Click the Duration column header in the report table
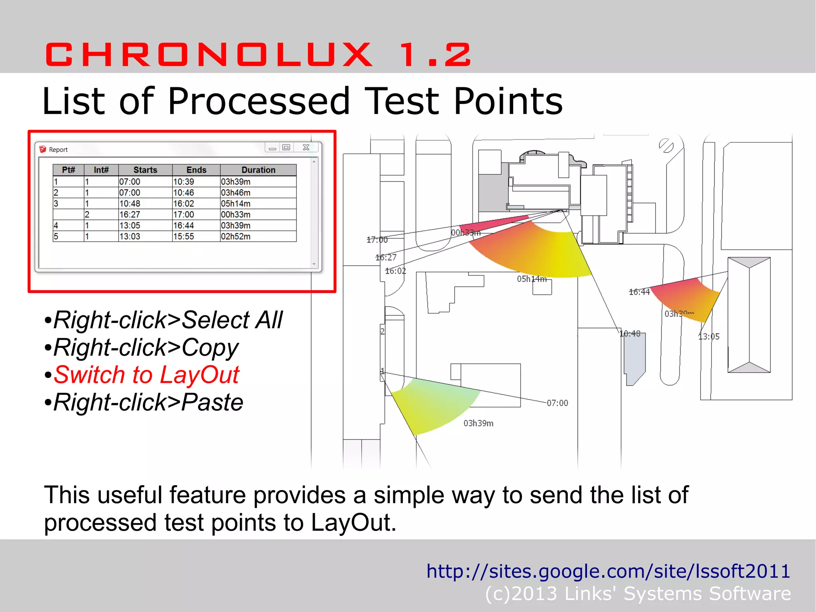click(258, 170)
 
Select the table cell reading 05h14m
click(235, 204)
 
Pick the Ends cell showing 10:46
click(183, 193)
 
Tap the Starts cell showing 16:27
click(129, 214)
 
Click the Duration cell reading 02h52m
click(235, 236)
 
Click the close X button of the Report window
click(306, 148)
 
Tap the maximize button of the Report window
click(286, 148)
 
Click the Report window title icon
click(43, 150)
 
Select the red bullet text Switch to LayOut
click(146, 375)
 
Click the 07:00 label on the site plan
click(557, 403)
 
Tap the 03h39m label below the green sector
click(478, 423)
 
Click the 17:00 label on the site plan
click(377, 240)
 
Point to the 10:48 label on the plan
click(630, 333)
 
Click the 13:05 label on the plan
click(709, 337)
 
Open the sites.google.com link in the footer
click(608, 571)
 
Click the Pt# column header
click(68, 170)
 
